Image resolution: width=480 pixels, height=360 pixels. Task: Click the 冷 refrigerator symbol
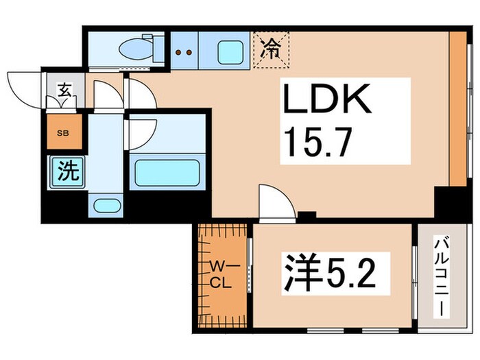pyautogui.click(x=273, y=49)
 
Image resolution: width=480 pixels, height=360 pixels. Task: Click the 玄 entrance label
pyautogui.click(x=64, y=88)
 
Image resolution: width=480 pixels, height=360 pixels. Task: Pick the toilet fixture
pyautogui.click(x=137, y=49)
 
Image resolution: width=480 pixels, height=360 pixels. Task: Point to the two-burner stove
pyautogui.click(x=183, y=51)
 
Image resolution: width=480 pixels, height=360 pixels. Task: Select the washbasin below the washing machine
pyautogui.click(x=106, y=205)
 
